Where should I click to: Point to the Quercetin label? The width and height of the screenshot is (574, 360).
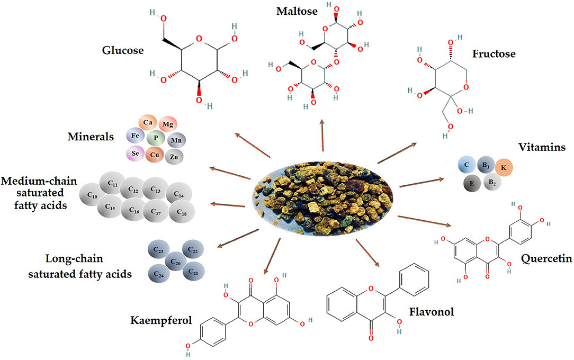click(543, 259)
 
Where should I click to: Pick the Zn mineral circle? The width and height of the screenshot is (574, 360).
click(174, 157)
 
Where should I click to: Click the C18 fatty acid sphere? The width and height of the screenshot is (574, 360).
click(182, 212)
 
